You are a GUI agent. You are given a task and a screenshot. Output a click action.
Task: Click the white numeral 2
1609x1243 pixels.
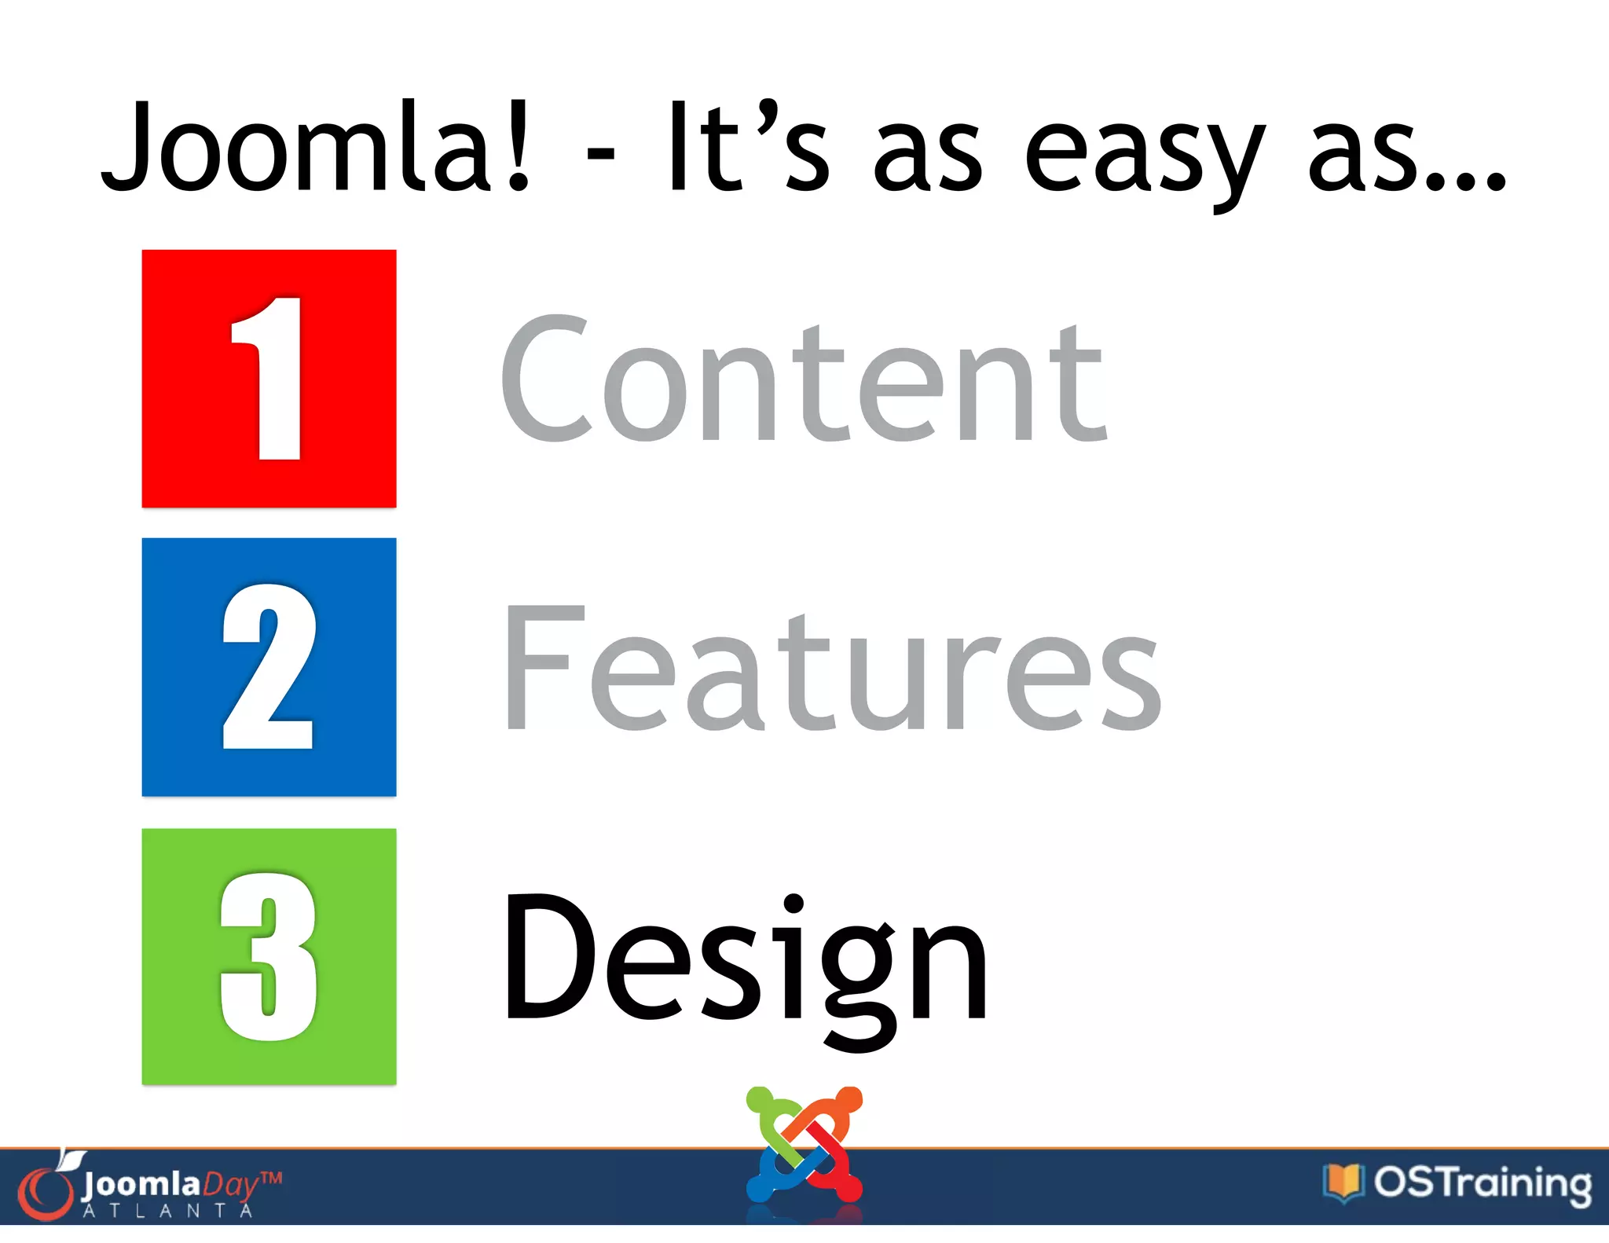coord(269,667)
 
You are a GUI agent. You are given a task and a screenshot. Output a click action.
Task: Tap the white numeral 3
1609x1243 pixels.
coord(269,956)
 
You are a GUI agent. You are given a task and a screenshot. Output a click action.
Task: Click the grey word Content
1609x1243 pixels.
coord(803,380)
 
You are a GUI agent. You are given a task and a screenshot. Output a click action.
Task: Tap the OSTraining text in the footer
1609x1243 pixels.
coord(1483,1184)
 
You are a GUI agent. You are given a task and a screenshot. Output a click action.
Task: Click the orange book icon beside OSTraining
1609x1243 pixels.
coord(1343,1182)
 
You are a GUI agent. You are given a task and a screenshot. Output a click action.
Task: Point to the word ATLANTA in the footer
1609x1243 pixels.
coord(168,1211)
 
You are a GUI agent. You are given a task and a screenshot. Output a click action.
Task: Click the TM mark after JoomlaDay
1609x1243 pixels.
coord(271,1179)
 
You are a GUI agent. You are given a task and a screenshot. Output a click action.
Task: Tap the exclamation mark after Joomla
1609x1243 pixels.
coord(519,148)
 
